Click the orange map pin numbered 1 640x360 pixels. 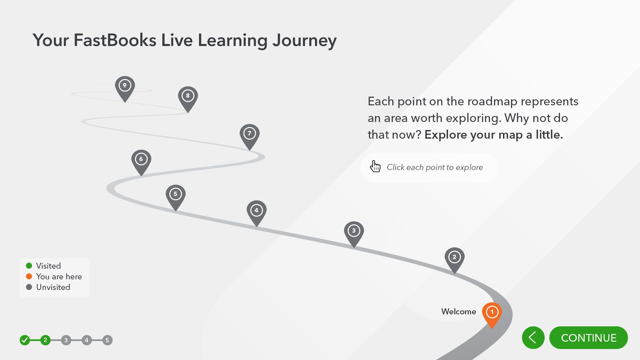(492, 313)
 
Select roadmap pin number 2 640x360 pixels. (454, 258)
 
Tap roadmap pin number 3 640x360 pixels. (354, 232)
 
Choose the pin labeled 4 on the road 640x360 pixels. (256, 212)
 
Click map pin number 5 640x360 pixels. (175, 196)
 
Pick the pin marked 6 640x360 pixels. (141, 161)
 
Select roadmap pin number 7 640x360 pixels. (249, 135)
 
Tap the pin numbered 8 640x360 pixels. (188, 97)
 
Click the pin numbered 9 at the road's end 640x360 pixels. (125, 87)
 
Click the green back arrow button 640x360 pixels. (533, 338)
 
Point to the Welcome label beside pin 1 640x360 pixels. (459, 312)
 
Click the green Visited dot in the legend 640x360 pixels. (29, 266)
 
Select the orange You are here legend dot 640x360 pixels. (29, 276)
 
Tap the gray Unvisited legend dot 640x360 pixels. (29, 287)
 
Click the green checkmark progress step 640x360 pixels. (25, 340)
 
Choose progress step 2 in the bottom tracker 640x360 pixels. (45, 340)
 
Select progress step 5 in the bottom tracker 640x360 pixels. (107, 340)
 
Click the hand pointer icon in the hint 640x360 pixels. (375, 166)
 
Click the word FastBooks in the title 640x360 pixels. (115, 40)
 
